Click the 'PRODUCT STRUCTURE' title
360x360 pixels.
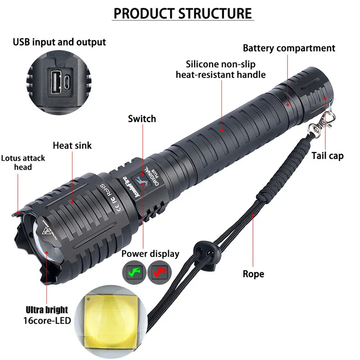[182, 13]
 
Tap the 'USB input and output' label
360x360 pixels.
[59, 42]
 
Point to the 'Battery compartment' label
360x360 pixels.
[289, 48]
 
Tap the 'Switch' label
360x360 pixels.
[142, 119]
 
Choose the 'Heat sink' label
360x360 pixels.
[72, 145]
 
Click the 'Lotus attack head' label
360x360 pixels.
[23, 162]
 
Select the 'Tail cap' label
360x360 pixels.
[328, 156]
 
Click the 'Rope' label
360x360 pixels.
[253, 274]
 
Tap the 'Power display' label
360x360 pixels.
[150, 254]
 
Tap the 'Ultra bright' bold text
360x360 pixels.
[47, 310]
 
